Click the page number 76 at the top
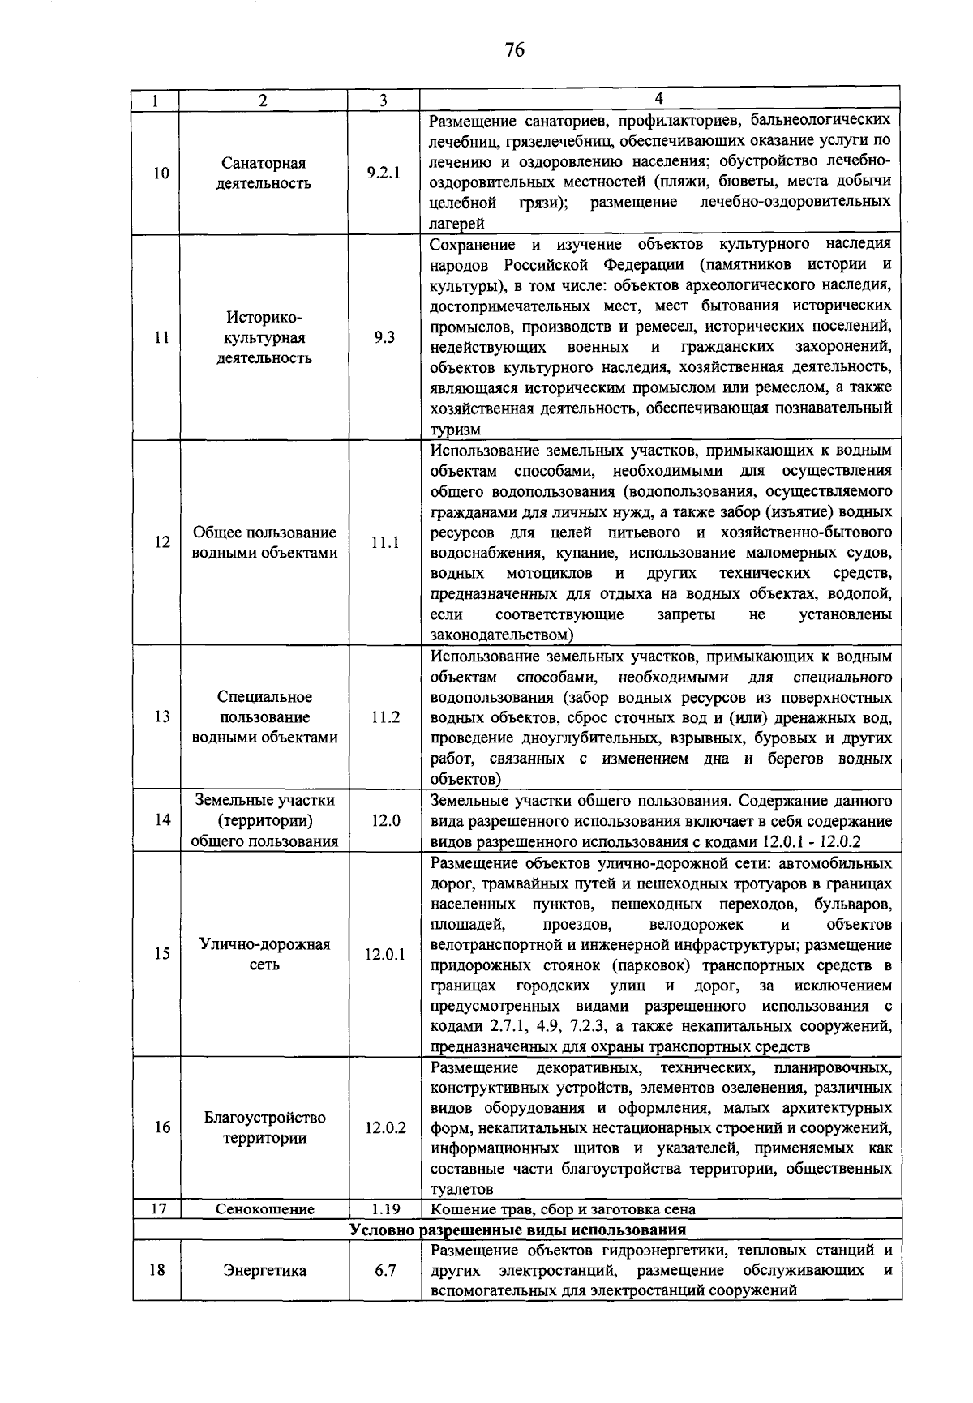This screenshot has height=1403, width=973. pyautogui.click(x=514, y=50)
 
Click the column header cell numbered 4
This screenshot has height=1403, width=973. pyautogui.click(x=658, y=99)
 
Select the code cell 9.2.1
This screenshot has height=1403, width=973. pyautogui.click(x=384, y=173)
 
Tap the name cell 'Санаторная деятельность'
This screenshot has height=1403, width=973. pyautogui.click(x=264, y=173)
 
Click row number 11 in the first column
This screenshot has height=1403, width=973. pyautogui.click(x=161, y=337)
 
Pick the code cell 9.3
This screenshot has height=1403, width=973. pyautogui.click(x=384, y=337)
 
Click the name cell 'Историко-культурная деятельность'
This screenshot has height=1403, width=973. pyautogui.click(x=264, y=337)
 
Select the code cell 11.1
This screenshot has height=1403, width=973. pyautogui.click(x=384, y=543)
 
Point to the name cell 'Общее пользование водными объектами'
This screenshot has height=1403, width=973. pyautogui.click(x=264, y=543)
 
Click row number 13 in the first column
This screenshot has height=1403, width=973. pyautogui.click(x=161, y=716)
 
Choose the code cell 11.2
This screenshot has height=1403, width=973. pyautogui.click(x=384, y=717)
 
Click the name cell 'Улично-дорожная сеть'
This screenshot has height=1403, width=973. pyautogui.click(x=264, y=954)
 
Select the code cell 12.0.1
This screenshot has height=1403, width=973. pyautogui.click(x=384, y=955)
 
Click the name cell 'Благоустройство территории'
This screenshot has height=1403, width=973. pyautogui.click(x=264, y=1127)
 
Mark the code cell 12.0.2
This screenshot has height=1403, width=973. pyautogui.click(x=384, y=1127)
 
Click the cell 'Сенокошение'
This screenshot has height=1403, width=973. pyautogui.click(x=264, y=1209)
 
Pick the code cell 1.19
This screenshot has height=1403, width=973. pyautogui.click(x=384, y=1209)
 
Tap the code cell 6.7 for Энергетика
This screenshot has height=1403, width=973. pyautogui.click(x=384, y=1270)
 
